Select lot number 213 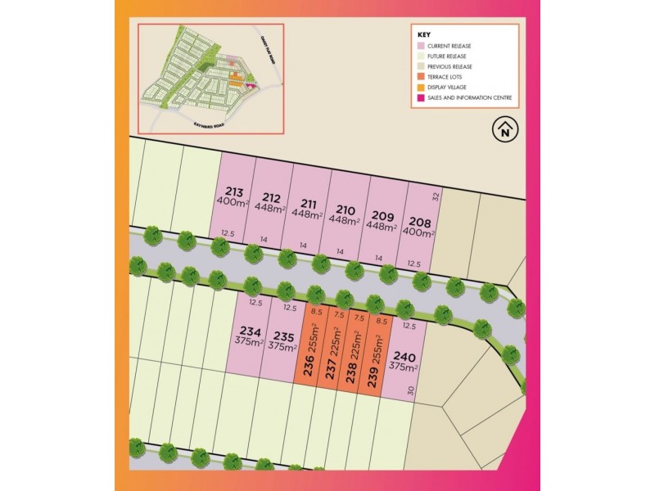233,193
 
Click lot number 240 404,356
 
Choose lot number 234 251,331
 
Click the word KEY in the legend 423,35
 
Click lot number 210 346,209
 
